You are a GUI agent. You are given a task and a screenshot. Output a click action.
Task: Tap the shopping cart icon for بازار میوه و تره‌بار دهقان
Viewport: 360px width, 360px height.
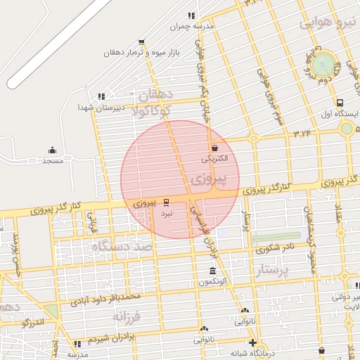tap(141, 42)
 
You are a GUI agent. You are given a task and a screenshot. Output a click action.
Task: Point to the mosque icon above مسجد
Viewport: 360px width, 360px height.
tap(52, 150)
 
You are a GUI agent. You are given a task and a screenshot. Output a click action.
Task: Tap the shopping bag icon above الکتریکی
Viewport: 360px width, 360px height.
tap(214, 148)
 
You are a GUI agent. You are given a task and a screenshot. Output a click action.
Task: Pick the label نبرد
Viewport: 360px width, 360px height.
tap(166, 212)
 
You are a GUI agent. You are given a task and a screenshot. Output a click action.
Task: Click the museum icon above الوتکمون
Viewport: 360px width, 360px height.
tap(212, 272)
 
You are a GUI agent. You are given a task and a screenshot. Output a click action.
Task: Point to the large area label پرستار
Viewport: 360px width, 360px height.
tap(270, 271)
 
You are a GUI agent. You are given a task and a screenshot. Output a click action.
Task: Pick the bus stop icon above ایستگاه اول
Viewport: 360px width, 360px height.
tap(340, 103)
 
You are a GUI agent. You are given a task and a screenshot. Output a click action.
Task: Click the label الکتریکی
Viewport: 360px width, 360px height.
tap(215, 159)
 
